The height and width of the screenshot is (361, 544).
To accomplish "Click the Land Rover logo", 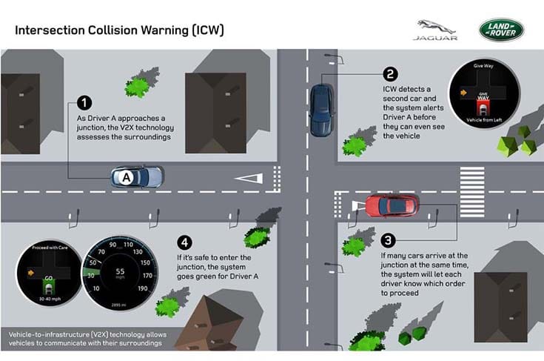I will click(x=501, y=30).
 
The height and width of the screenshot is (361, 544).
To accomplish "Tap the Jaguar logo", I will click(x=436, y=30).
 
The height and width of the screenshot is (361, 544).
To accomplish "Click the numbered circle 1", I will click(x=85, y=103).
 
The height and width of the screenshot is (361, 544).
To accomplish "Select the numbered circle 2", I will click(x=390, y=74).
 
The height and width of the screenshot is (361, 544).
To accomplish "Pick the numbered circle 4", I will click(x=185, y=242).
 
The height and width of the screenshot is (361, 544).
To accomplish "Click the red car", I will click(x=392, y=205).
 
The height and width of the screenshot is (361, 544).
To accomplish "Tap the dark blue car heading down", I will click(x=320, y=110).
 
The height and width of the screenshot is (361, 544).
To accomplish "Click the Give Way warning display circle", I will click(x=484, y=93).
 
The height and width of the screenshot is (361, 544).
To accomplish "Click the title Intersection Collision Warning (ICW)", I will click(x=119, y=30).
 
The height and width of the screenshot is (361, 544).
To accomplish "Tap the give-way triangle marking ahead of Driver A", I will click(x=248, y=177).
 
